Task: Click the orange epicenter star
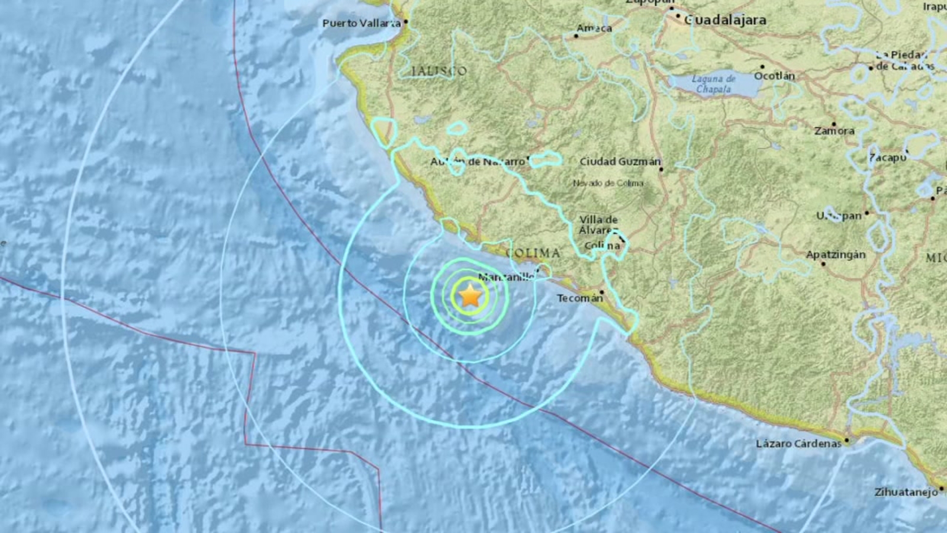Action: point(470,295)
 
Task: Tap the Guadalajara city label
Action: point(725,20)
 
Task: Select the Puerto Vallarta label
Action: point(361,23)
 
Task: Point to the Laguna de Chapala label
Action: point(713,84)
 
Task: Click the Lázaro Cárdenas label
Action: point(798,444)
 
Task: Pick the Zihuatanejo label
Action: point(906,492)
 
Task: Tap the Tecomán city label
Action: point(579,298)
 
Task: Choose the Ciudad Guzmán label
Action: point(620,161)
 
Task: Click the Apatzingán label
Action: point(835,255)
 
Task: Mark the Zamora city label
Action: point(834,131)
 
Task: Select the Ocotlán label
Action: point(774,76)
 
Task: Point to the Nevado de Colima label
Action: point(608,184)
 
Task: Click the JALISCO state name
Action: point(439,71)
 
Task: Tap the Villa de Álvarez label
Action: point(598,225)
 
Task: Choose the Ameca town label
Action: point(594,28)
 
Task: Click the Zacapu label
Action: point(887,158)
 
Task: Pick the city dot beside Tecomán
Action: point(602,292)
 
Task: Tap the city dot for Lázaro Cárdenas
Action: point(847,440)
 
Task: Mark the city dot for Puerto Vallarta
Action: point(406,22)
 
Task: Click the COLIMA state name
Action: point(533,253)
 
